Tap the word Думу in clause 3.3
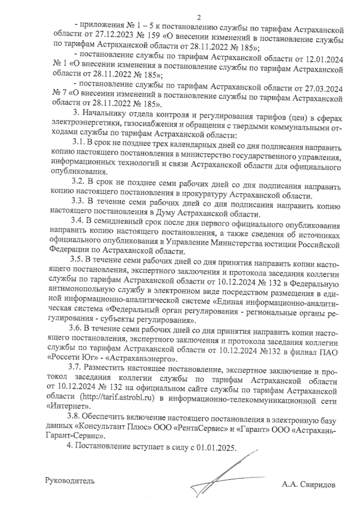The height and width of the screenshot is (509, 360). click(x=165, y=214)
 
